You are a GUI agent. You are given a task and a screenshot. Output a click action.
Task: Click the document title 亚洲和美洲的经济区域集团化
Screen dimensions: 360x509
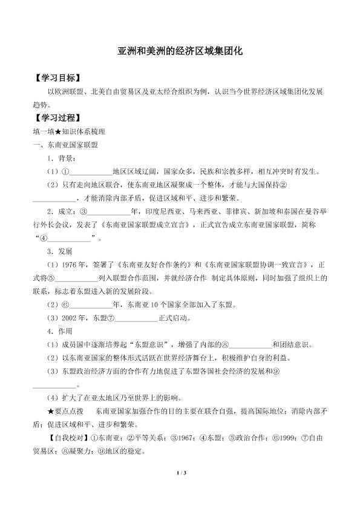click(180, 53)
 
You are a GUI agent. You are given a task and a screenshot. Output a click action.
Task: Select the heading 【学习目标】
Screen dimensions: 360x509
click(57, 79)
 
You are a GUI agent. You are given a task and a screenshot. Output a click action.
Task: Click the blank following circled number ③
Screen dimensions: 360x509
click(108, 211)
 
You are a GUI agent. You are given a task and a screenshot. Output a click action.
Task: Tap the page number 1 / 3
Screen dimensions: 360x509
click(180, 481)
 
